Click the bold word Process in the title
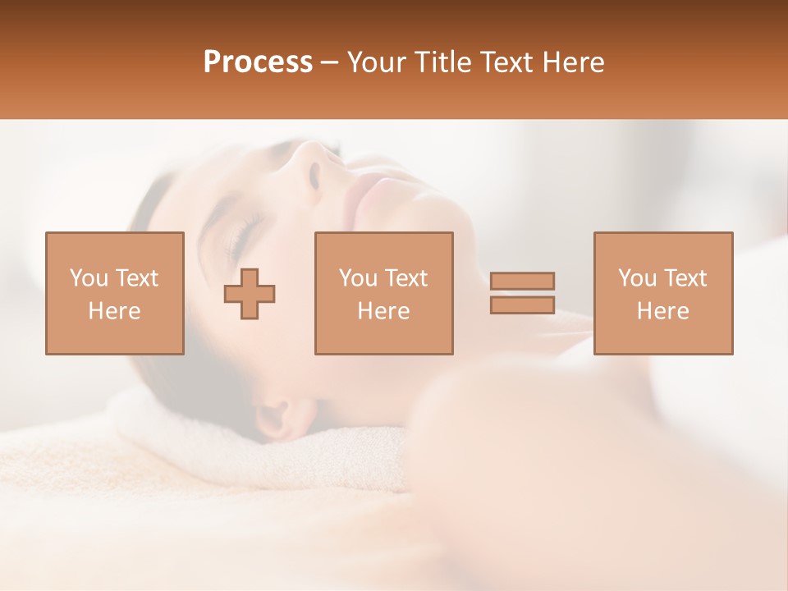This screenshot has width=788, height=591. pos(258,62)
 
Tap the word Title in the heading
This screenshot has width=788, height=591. pos(442,62)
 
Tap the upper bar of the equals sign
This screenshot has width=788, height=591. pos(522,281)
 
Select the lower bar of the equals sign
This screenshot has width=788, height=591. pos(522,305)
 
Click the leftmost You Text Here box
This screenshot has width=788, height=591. pos(115,293)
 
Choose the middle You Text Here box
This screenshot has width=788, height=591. pos(384,293)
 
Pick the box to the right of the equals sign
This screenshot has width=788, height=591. pos(663,293)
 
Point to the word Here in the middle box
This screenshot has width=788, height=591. pos(384,311)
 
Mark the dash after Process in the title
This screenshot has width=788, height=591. pos(330,62)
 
